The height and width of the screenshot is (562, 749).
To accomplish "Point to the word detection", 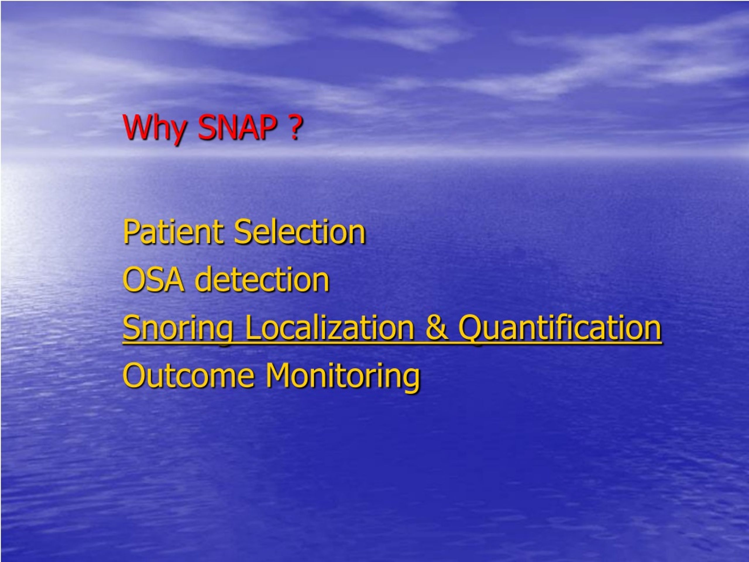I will (x=262, y=280).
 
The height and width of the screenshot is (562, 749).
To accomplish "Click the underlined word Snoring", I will (x=178, y=328).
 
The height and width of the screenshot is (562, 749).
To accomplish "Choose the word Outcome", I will (x=188, y=375).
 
